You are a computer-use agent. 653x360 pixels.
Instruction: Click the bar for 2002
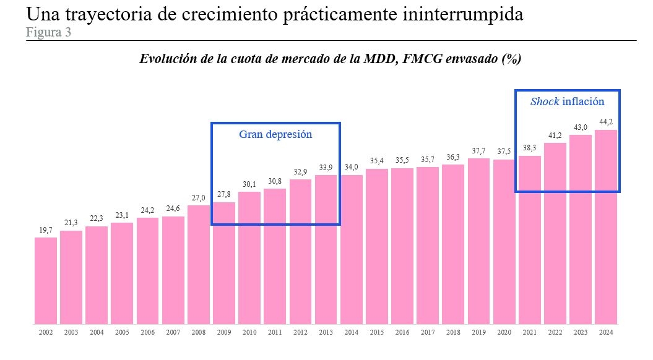click(46, 281)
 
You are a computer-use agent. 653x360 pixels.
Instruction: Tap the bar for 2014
click(352, 250)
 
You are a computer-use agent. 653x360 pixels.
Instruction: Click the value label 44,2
click(606, 122)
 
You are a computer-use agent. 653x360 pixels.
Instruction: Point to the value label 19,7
click(46, 230)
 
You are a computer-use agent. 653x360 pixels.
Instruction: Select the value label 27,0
click(199, 198)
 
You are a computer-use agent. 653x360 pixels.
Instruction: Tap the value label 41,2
click(555, 135)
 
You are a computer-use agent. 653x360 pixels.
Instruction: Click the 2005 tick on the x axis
click(122, 333)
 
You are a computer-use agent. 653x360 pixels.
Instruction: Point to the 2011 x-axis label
click(275, 333)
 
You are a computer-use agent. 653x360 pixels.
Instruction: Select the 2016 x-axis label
click(402, 333)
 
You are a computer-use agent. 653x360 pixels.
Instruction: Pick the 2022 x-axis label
click(555, 333)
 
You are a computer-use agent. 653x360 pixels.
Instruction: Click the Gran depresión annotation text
click(275, 134)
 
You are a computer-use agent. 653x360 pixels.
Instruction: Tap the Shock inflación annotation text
click(567, 101)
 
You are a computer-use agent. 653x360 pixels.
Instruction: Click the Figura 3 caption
click(48, 33)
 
